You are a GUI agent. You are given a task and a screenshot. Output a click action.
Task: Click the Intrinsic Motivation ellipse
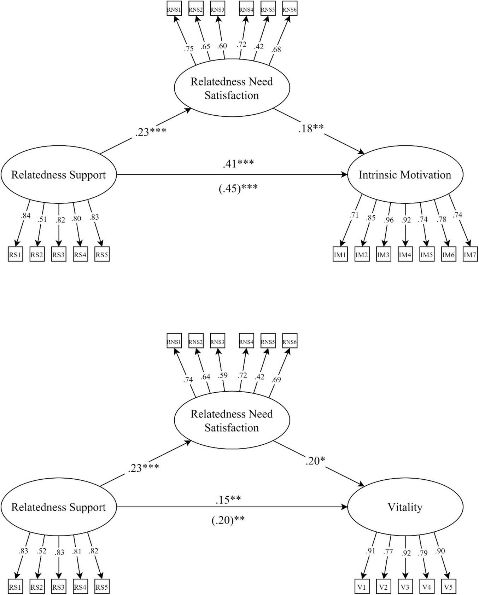(x=405, y=175)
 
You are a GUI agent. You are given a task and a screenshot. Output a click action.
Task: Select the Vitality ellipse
(x=405, y=507)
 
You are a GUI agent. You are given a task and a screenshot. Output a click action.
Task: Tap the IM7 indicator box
(x=470, y=254)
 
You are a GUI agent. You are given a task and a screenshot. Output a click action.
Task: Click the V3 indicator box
(x=405, y=587)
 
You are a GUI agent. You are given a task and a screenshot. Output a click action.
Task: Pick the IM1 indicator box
(x=340, y=254)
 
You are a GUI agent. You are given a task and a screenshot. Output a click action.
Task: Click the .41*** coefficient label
(x=238, y=164)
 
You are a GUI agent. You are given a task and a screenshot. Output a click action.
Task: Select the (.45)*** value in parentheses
(x=238, y=188)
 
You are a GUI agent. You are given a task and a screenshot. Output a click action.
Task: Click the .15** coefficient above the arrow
(x=228, y=500)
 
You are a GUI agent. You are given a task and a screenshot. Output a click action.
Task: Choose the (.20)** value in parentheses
(x=228, y=520)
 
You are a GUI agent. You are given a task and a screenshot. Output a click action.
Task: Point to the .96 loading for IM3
(x=389, y=220)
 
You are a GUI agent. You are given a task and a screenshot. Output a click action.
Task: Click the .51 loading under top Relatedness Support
(x=42, y=219)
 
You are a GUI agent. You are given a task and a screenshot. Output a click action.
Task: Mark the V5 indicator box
(x=448, y=587)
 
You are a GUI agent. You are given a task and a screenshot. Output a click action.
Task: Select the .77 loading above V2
(x=388, y=551)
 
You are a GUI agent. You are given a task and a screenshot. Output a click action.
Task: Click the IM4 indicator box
(x=405, y=254)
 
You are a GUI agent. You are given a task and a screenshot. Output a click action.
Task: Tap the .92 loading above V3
(x=406, y=553)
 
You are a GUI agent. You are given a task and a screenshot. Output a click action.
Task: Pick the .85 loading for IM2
(x=371, y=218)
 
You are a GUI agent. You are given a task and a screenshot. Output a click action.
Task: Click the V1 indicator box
(x=362, y=587)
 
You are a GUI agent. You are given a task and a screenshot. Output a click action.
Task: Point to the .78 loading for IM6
(x=442, y=219)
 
